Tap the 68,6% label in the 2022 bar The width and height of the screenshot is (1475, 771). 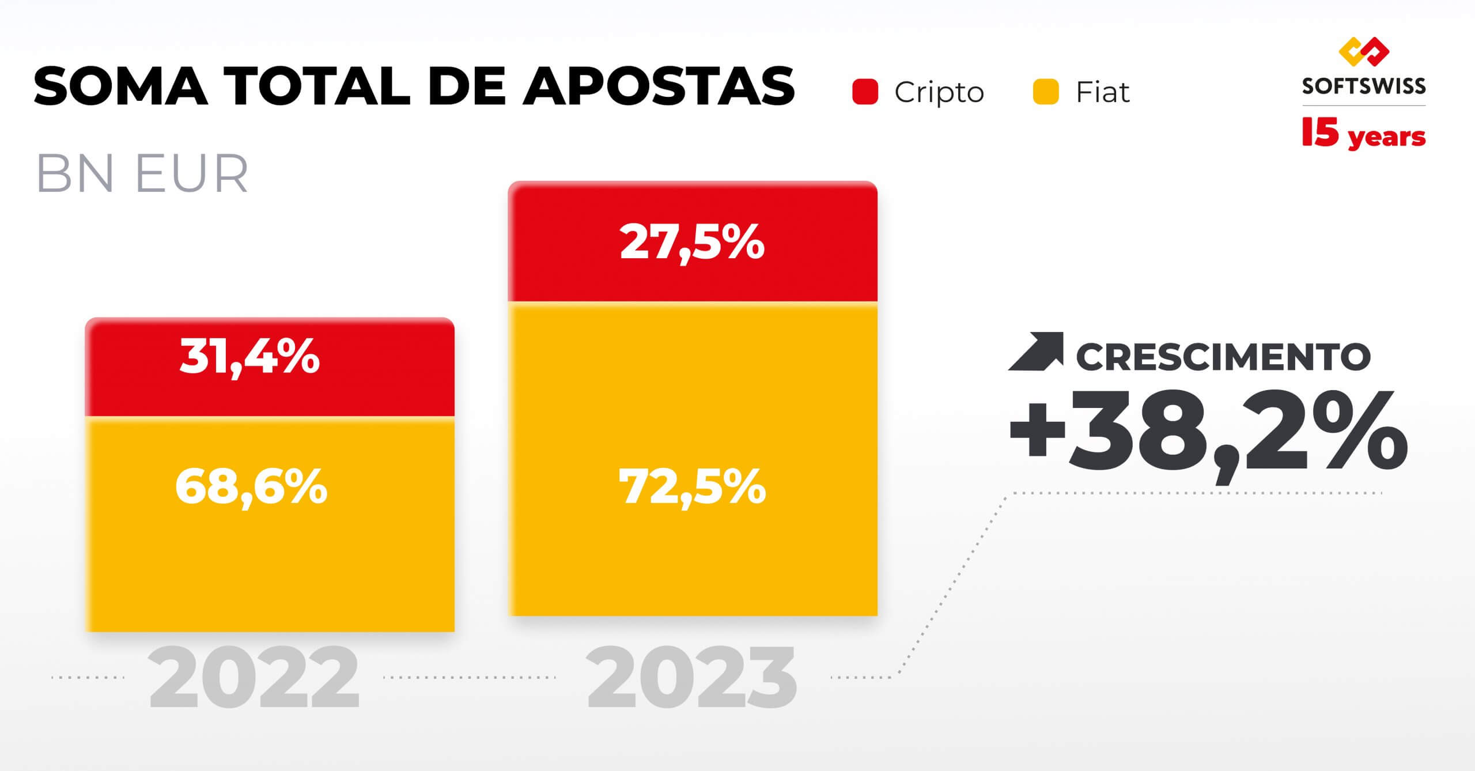click(251, 487)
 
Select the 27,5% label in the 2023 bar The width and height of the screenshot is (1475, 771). click(692, 243)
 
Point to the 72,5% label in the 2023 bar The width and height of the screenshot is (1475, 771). click(692, 487)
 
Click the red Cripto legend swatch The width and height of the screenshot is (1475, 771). click(865, 92)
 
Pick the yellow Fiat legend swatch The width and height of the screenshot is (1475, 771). click(1046, 92)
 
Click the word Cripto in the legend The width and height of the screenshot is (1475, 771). click(939, 92)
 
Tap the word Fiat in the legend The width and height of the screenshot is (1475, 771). click(1103, 92)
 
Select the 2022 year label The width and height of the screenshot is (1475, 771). click(254, 678)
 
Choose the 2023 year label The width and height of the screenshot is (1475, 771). click(691, 678)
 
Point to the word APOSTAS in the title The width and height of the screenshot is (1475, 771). click(659, 86)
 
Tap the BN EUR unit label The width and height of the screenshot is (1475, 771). click(142, 173)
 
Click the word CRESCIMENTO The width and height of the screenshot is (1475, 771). click(1223, 357)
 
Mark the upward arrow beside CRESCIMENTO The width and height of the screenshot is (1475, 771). click(1036, 351)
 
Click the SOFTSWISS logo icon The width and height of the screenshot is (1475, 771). click(1364, 52)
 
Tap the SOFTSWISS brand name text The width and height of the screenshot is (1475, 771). click(1364, 86)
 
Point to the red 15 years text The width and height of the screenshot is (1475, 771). click(1364, 134)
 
